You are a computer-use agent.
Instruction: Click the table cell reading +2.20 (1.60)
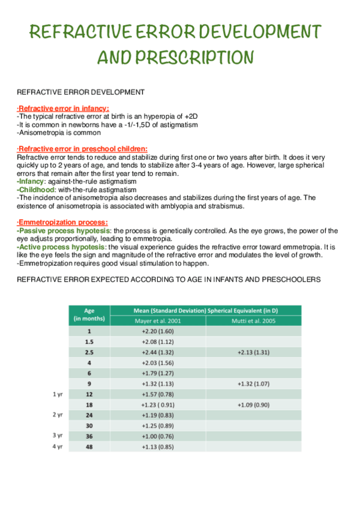157,331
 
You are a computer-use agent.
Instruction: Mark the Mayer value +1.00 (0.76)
157,436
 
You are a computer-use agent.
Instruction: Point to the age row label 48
89,447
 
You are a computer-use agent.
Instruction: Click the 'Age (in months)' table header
89,315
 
